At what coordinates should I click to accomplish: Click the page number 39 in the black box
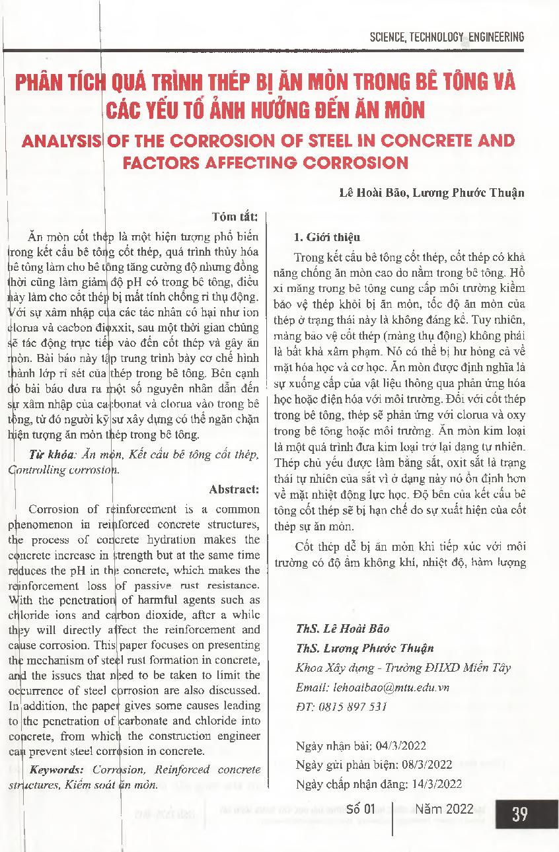(519, 814)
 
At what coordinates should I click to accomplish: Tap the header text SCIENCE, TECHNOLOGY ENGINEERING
(447, 37)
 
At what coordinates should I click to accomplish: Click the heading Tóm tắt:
(239, 216)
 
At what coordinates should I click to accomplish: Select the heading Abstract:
(235, 489)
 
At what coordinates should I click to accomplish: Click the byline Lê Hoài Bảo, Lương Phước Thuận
(431, 193)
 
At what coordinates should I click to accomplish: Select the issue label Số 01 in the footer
(361, 809)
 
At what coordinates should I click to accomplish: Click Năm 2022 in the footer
(444, 809)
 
